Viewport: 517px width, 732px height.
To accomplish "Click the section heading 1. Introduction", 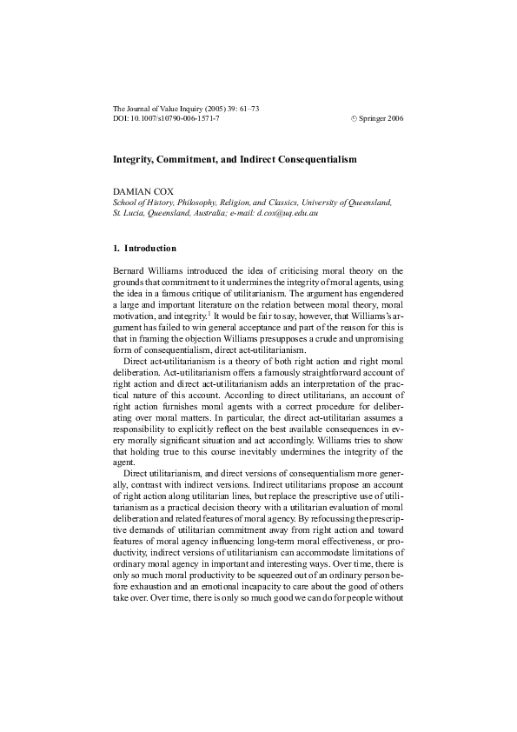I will [145, 249].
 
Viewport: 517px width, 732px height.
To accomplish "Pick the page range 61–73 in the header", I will [249, 108].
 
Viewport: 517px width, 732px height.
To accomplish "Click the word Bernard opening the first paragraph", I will [131, 272].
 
